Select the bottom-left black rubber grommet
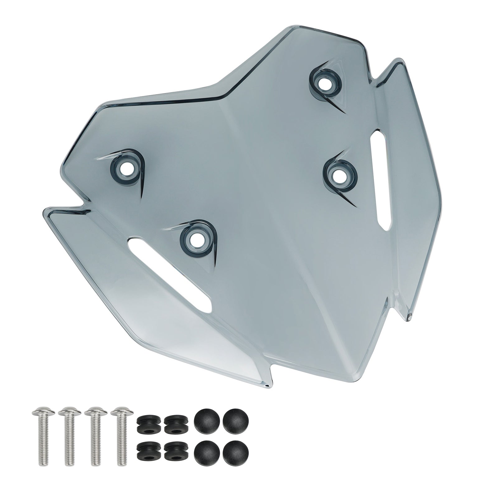pos(147,458)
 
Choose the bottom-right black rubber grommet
pos(173,458)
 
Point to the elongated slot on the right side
pos(381,179)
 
